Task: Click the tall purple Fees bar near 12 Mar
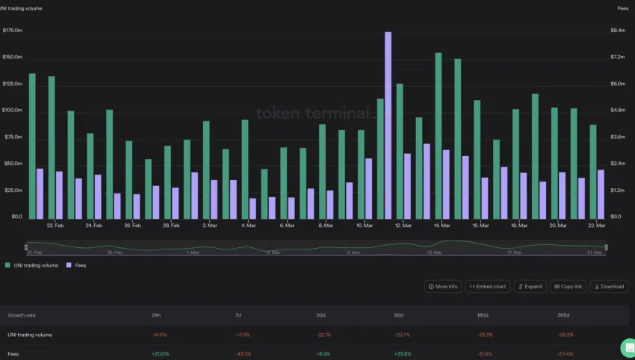[388, 124]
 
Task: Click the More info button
[444, 286]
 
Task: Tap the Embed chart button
[487, 286]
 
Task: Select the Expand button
[530, 286]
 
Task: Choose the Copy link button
[569, 286]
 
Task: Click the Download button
[609, 286]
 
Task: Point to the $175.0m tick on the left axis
[13, 31]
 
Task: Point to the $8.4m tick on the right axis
[618, 31]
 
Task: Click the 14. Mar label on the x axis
[442, 225]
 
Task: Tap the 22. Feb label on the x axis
[55, 225]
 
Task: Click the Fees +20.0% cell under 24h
[159, 353]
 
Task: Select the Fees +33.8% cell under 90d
[403, 353]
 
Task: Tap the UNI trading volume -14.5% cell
[159, 335]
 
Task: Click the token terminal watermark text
[313, 114]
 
